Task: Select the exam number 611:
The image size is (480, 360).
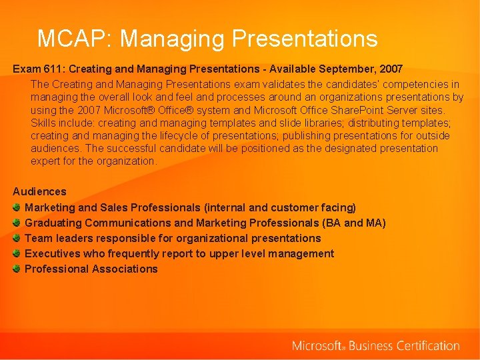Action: coord(55,69)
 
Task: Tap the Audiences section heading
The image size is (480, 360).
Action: coord(39,191)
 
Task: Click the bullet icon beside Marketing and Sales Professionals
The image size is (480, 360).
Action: coord(17,207)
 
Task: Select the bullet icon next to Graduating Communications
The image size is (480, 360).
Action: coord(17,223)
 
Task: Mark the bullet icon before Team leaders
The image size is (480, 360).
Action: coord(17,238)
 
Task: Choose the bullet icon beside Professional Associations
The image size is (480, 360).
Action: coord(17,269)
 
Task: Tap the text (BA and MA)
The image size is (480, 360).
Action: coord(353,223)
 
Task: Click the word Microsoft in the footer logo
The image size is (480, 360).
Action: coord(317,346)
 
